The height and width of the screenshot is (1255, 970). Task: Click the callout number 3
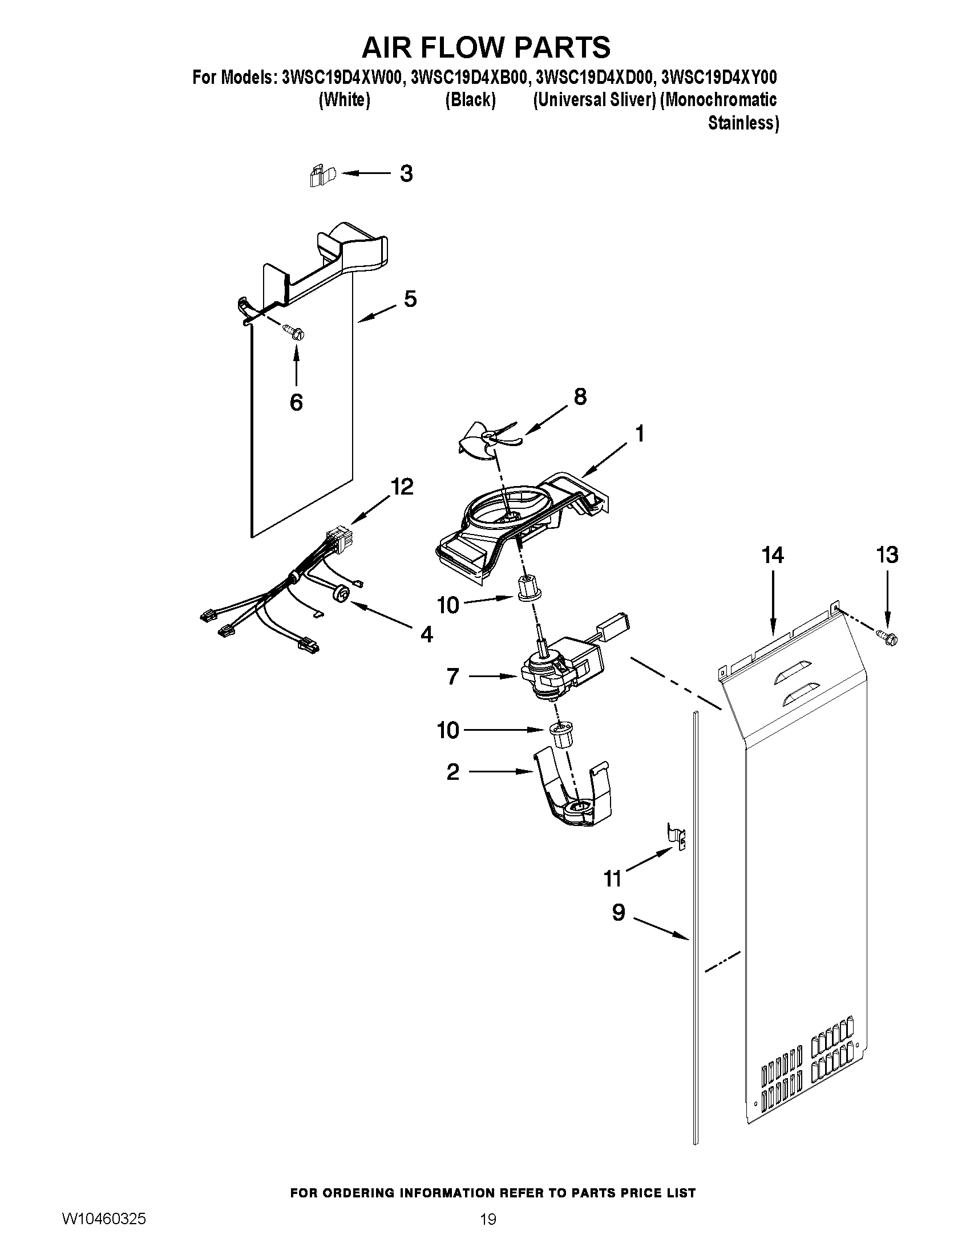406,173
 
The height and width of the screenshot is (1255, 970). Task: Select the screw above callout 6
294,332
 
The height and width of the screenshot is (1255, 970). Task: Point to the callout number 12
402,487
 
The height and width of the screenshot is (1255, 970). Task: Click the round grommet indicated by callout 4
341,594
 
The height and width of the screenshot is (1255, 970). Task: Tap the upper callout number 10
448,605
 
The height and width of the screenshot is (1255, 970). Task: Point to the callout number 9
619,912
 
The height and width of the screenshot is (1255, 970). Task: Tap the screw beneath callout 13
887,637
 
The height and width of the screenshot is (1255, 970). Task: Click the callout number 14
773,555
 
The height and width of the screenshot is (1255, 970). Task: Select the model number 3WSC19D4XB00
468,77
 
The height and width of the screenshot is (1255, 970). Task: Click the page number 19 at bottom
488,1218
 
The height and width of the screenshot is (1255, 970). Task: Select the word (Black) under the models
470,100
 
